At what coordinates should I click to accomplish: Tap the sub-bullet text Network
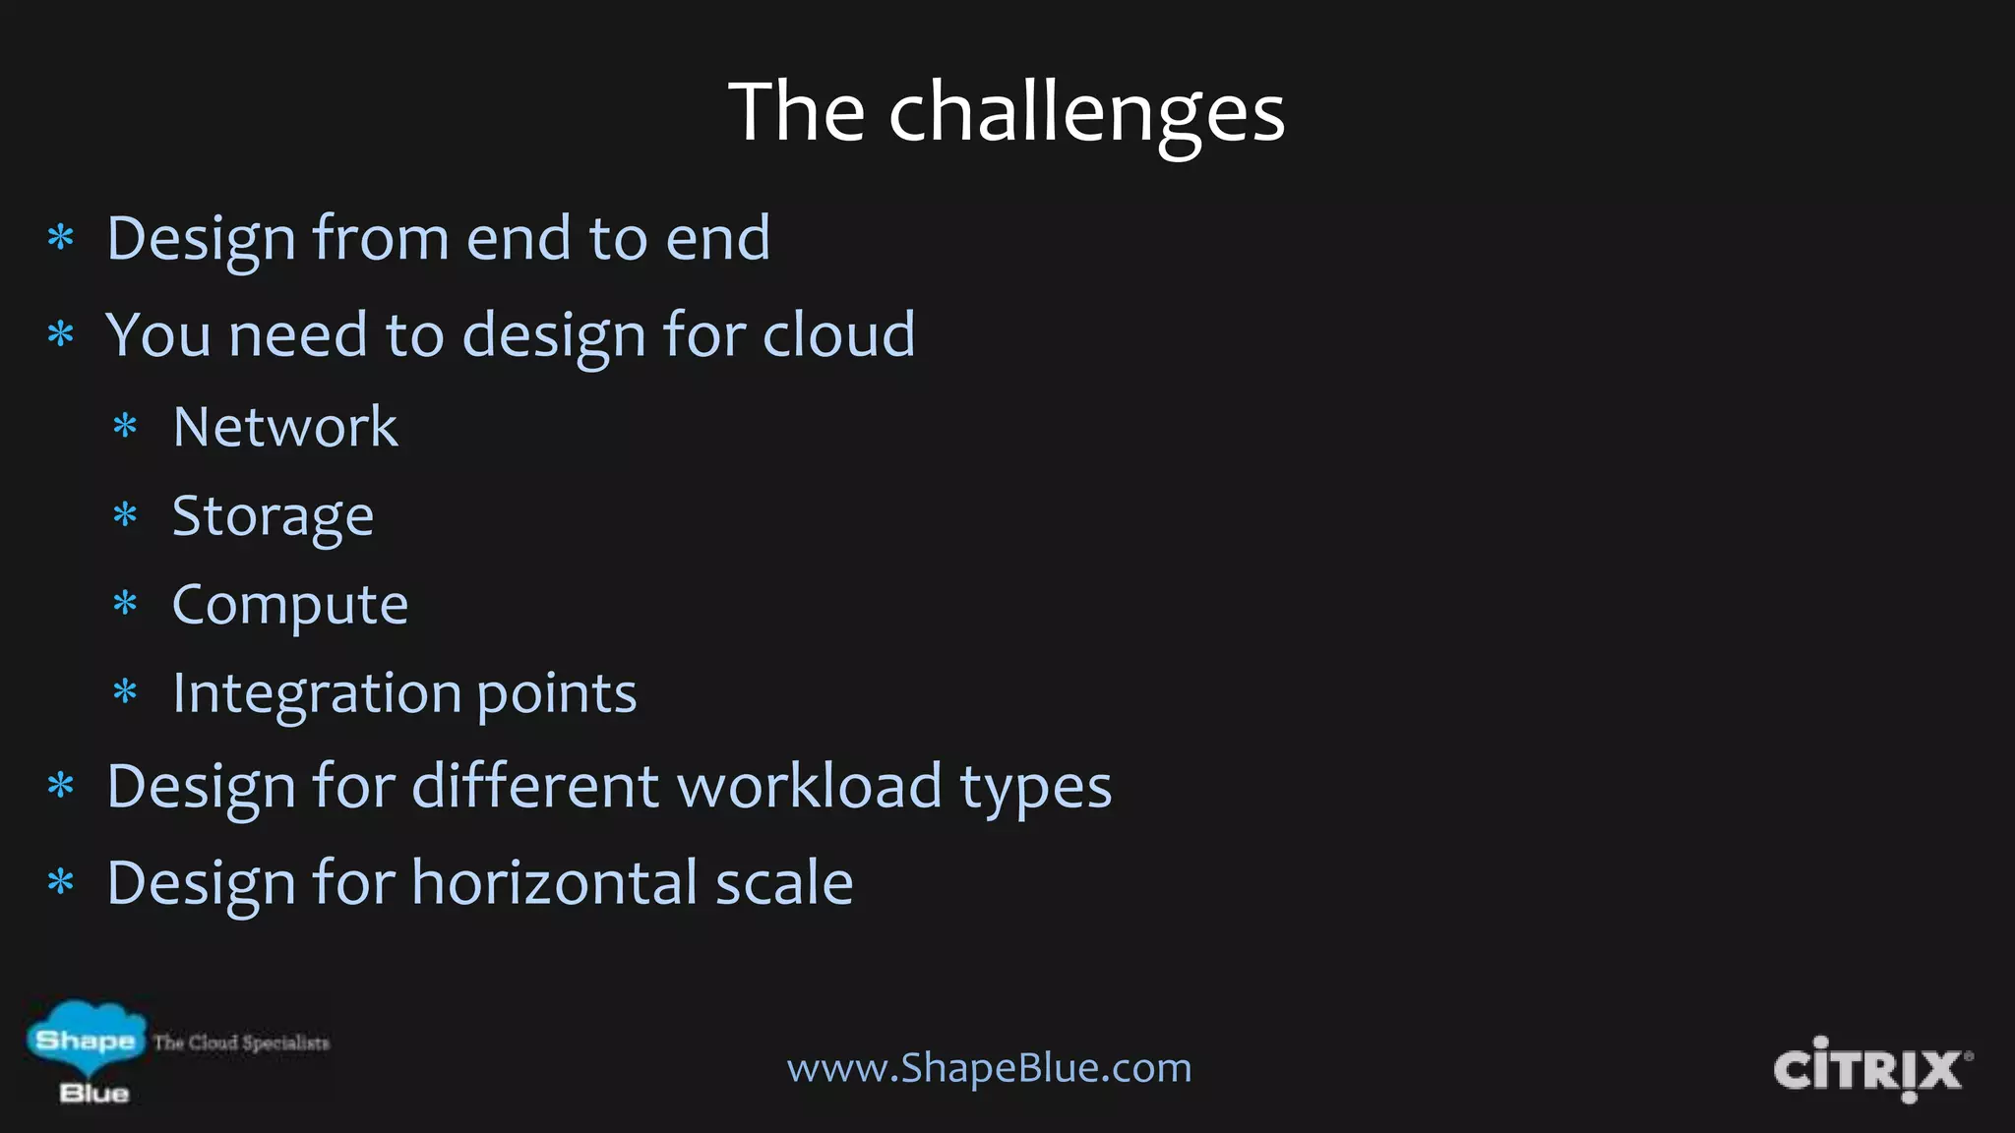click(285, 427)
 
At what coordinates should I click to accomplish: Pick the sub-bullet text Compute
click(289, 604)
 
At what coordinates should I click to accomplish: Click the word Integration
click(316, 693)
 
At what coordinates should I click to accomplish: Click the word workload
click(810, 786)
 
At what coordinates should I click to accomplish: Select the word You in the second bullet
click(158, 334)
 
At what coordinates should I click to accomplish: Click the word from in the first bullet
click(380, 238)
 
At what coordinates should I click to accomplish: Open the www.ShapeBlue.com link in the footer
click(989, 1067)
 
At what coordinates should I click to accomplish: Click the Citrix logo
click(1870, 1069)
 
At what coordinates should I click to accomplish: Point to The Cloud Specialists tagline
click(241, 1043)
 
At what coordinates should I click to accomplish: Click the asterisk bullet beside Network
click(125, 427)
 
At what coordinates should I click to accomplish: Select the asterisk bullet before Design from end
click(61, 238)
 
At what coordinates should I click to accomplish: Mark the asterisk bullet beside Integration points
click(125, 692)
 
